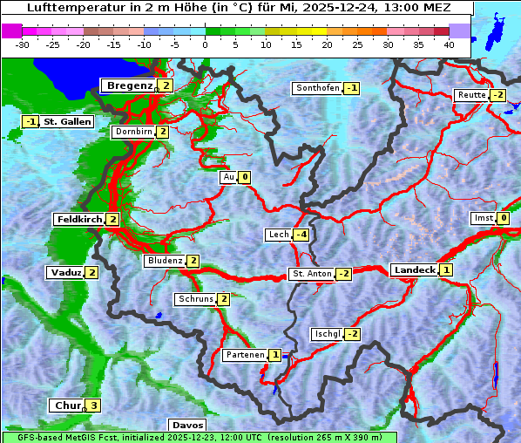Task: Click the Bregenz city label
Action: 129,85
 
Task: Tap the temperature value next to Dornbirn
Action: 163,132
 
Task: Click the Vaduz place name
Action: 65,272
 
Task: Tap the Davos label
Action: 186,425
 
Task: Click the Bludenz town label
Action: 165,261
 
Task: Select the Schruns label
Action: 195,299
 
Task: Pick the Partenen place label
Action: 244,355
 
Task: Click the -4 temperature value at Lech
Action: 301,235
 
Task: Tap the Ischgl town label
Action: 327,334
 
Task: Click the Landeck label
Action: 414,270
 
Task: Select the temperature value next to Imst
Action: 504,218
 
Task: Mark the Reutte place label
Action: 471,95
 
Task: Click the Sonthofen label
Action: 317,88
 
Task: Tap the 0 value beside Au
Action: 245,177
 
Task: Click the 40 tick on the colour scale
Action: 449,44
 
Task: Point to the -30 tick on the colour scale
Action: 23,44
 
